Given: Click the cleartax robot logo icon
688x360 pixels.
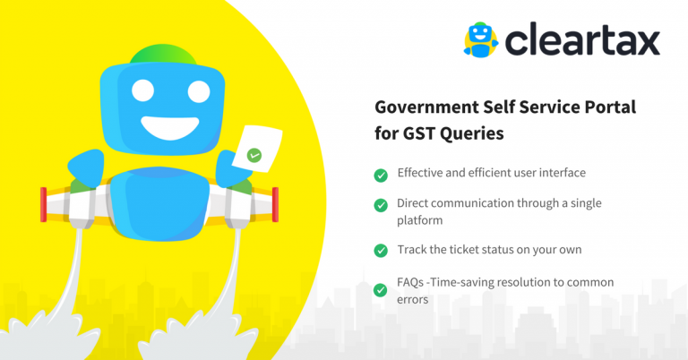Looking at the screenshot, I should tap(482, 39).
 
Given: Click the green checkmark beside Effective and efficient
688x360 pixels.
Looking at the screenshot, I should tap(381, 174).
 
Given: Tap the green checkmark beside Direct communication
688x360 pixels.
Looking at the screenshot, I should tap(381, 205).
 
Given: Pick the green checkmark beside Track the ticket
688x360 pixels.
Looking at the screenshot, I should tap(381, 250).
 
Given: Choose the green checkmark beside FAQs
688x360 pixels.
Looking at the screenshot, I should tap(381, 289).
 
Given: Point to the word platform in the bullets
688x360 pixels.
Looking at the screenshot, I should tap(420, 219).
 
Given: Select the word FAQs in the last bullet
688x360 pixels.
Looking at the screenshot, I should tap(411, 282).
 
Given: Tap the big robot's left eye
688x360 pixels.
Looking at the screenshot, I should tap(140, 90).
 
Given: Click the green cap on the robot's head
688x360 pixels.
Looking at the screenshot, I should tap(166, 53).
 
